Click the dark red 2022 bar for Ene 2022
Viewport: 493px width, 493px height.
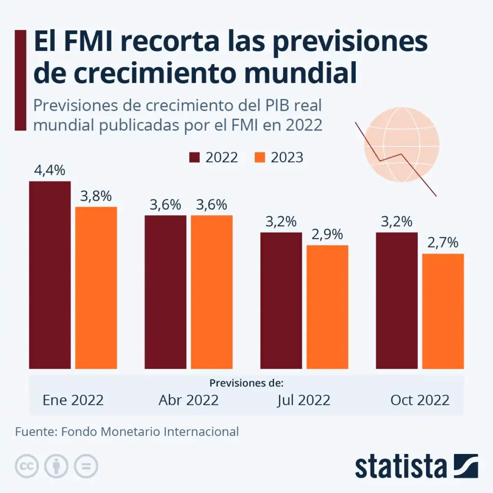coord(50,275)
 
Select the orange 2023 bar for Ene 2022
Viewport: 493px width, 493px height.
coord(96,288)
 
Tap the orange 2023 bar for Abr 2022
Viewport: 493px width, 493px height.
coord(212,292)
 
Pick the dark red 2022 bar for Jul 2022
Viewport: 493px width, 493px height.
coord(281,300)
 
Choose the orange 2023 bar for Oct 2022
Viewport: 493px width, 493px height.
coord(443,311)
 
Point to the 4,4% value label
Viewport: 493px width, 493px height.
coord(50,171)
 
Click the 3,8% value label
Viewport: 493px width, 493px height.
coord(96,196)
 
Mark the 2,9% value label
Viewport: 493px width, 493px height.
coord(327,235)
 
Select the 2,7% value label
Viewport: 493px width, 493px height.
coord(442,243)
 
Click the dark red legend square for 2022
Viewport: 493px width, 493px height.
coord(195,157)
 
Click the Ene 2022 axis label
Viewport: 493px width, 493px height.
coord(73,400)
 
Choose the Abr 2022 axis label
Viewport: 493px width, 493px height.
coord(189,400)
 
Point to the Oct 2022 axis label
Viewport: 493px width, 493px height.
coord(420,400)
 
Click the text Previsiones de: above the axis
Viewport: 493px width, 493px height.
coord(246,383)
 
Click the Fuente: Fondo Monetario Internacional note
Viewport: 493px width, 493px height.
coord(127,431)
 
